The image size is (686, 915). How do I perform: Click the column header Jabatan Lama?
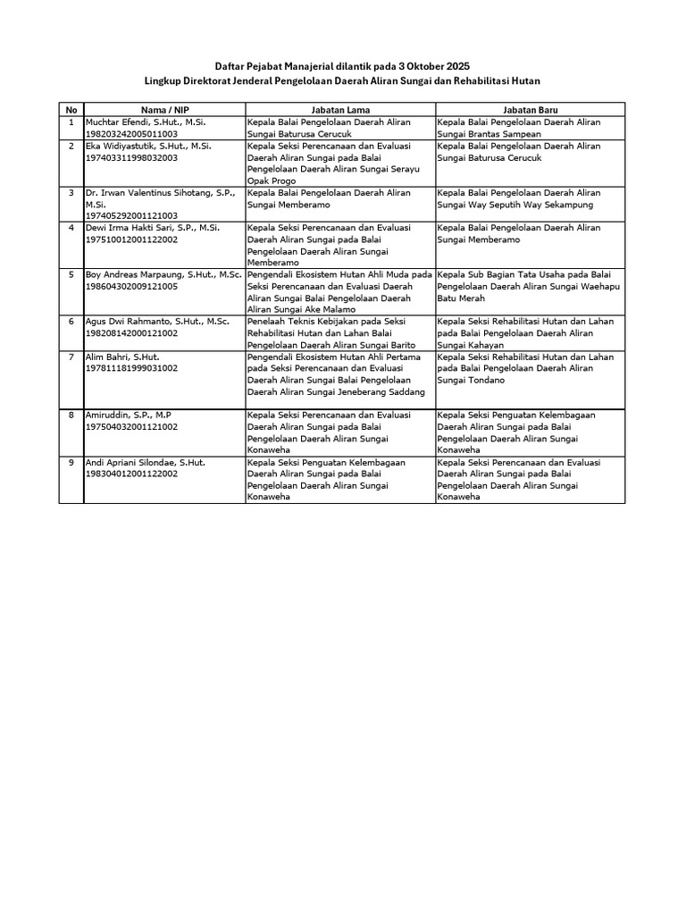(340, 109)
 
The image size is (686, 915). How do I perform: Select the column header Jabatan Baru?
(531, 109)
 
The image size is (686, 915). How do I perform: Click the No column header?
(71, 109)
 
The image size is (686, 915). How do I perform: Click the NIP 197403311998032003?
(131, 157)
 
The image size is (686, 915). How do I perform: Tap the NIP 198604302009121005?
(131, 286)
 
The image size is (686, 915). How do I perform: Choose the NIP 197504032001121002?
(131, 427)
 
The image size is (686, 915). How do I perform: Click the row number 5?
(71, 274)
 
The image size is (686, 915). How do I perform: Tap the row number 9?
(71, 463)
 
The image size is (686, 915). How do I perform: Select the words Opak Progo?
(272, 180)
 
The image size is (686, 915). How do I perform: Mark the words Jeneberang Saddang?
(380, 391)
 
